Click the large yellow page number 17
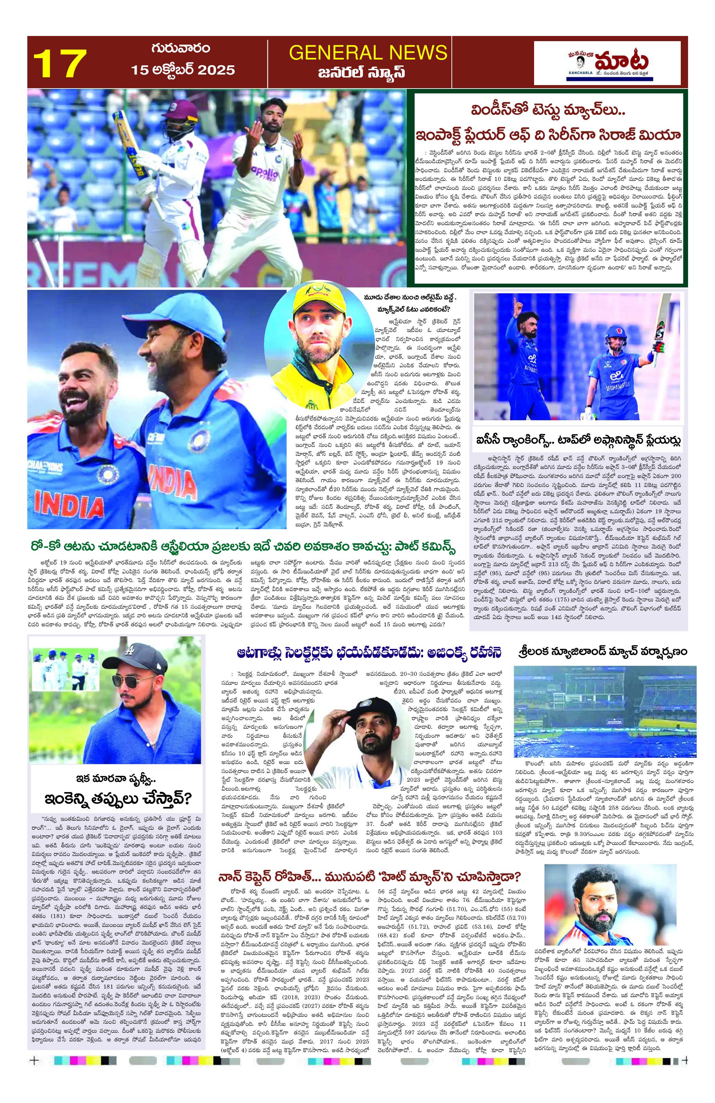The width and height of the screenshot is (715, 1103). tap(60, 64)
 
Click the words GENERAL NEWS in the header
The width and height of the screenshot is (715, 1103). tap(368, 52)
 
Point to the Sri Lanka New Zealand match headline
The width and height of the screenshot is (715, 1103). tap(602, 652)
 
